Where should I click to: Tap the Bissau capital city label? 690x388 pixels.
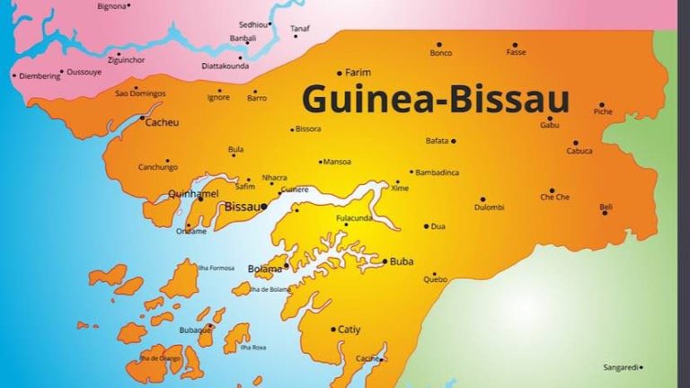coord(241,207)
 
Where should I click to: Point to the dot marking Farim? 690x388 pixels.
coord(340,73)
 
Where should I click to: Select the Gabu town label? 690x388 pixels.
coord(550,125)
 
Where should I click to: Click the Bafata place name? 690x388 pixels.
coord(437,141)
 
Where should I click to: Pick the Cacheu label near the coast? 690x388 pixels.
coord(162,121)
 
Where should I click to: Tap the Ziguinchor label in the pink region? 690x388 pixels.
coord(126,59)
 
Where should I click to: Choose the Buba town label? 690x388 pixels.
coord(402,261)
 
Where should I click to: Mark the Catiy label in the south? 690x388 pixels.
coord(349,330)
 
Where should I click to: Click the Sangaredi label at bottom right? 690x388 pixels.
coord(623,366)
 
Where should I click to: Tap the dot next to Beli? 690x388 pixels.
coord(605,213)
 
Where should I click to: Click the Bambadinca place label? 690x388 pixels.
coord(438,172)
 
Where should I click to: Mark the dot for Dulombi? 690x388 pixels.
coord(482,199)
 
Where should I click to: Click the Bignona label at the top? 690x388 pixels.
coord(111,6)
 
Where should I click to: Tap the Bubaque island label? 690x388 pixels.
coord(194,330)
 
